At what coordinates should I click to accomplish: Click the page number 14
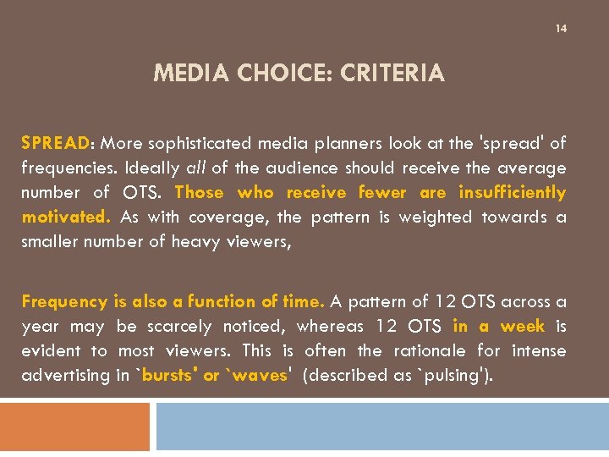point(561,29)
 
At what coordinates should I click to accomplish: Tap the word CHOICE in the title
point(280,74)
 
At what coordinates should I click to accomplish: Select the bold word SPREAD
point(50,143)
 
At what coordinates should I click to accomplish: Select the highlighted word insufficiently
point(513,192)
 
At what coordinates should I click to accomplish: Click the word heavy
point(195,241)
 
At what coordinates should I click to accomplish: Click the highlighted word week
point(522,326)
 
